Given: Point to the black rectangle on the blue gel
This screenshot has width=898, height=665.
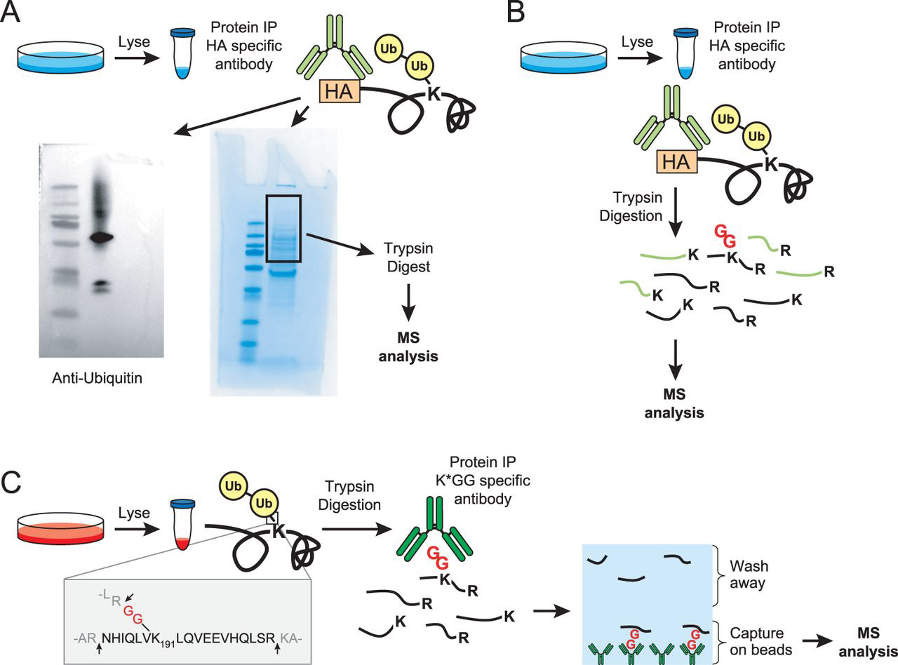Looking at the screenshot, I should pos(283,229).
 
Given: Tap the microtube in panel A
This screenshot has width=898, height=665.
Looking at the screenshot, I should pos(183,53).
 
